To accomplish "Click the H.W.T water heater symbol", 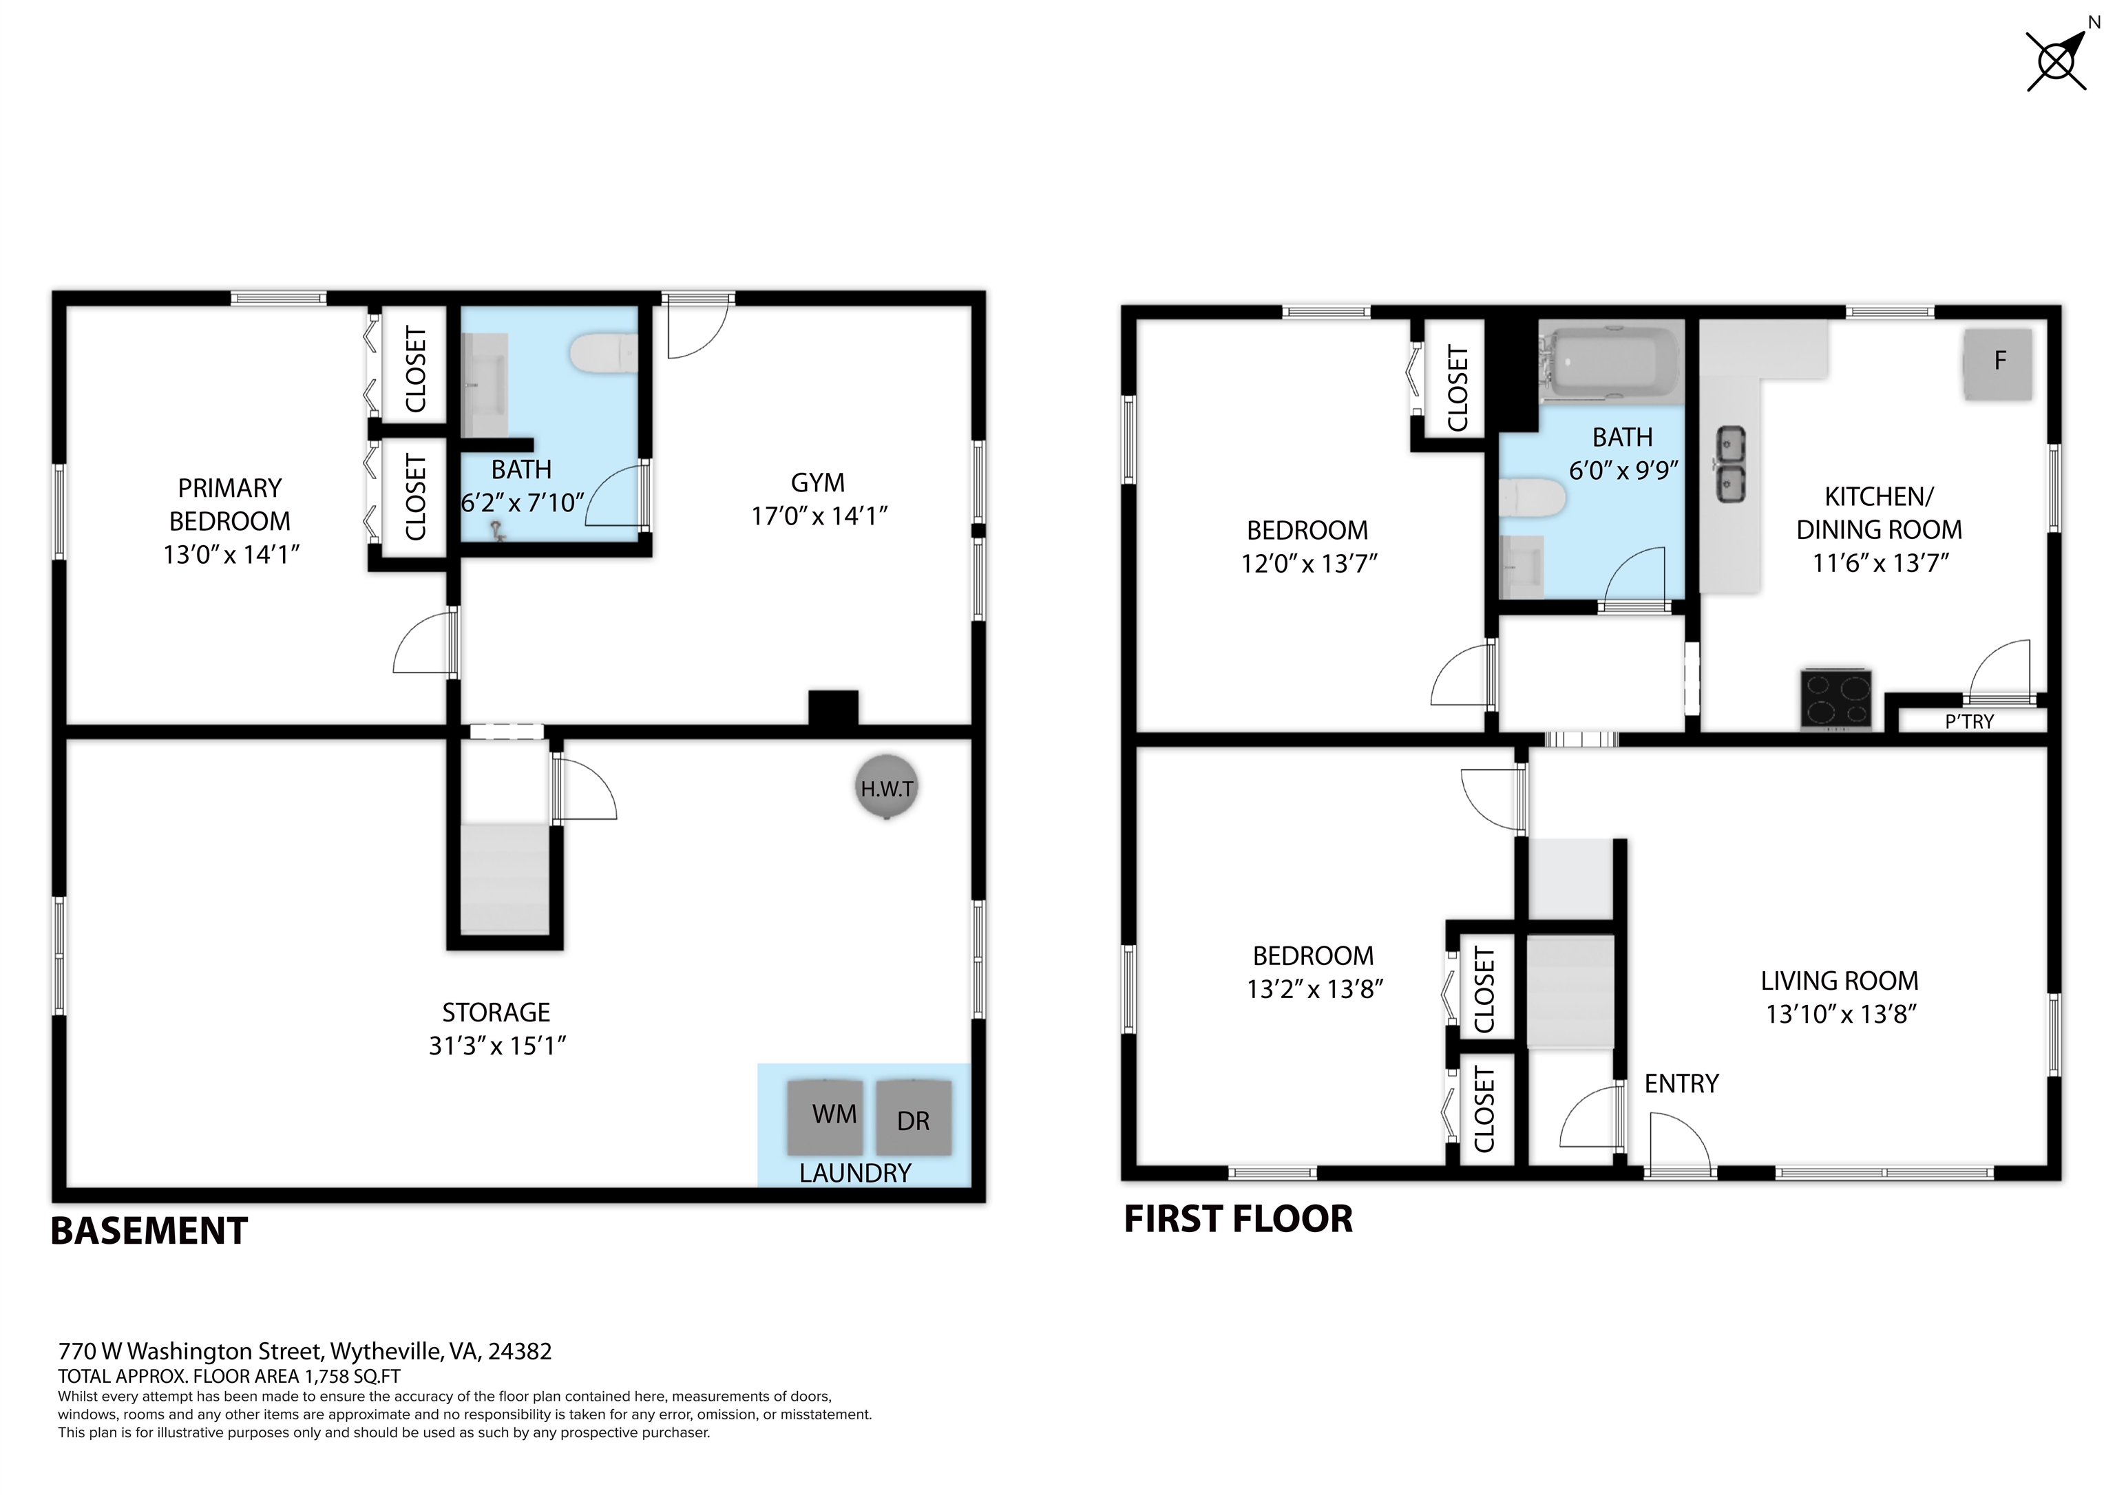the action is click(x=886, y=787).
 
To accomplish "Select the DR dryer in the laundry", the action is click(x=913, y=1117).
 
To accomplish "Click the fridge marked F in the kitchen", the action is click(x=1998, y=364).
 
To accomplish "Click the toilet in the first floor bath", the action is click(x=1532, y=498).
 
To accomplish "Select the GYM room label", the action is click(x=817, y=483).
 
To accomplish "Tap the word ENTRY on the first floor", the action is click(x=1681, y=1083).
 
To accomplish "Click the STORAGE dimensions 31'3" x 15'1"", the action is click(x=496, y=1046).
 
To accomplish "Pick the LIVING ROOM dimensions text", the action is click(x=1840, y=1014).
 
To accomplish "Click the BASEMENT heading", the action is click(x=149, y=1231).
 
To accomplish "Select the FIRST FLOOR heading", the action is click(x=1238, y=1219).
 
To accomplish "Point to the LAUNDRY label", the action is click(x=855, y=1173).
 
